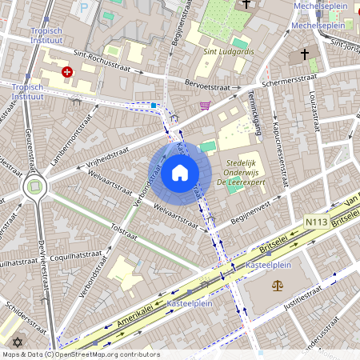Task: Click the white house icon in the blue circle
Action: [180, 173]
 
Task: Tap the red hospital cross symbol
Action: [66, 71]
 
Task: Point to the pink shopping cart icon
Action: [205, 105]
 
